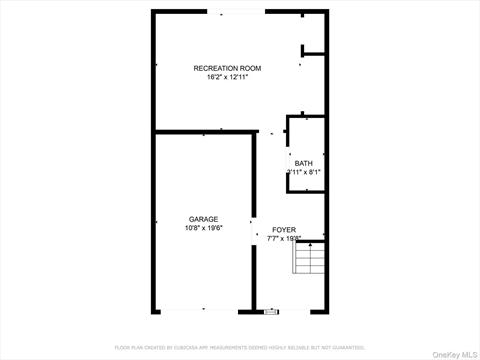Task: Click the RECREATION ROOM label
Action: pyautogui.click(x=227, y=68)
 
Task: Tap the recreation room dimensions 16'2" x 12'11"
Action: pyautogui.click(x=227, y=77)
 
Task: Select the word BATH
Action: pyautogui.click(x=303, y=163)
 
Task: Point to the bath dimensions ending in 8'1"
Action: pyautogui.click(x=304, y=172)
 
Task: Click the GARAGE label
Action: pyautogui.click(x=204, y=219)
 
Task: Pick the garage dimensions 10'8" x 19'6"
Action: pyautogui.click(x=204, y=228)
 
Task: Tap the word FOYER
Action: pyautogui.click(x=284, y=229)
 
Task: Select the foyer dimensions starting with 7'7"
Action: pyautogui.click(x=283, y=238)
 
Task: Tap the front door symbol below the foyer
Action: pyautogui.click(x=271, y=311)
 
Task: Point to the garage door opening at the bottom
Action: pyautogui.click(x=204, y=310)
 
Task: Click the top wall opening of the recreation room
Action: pyautogui.click(x=237, y=11)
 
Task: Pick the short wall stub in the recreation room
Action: pyautogui.click(x=314, y=53)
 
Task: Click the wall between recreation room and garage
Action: pyautogui.click(x=204, y=132)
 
